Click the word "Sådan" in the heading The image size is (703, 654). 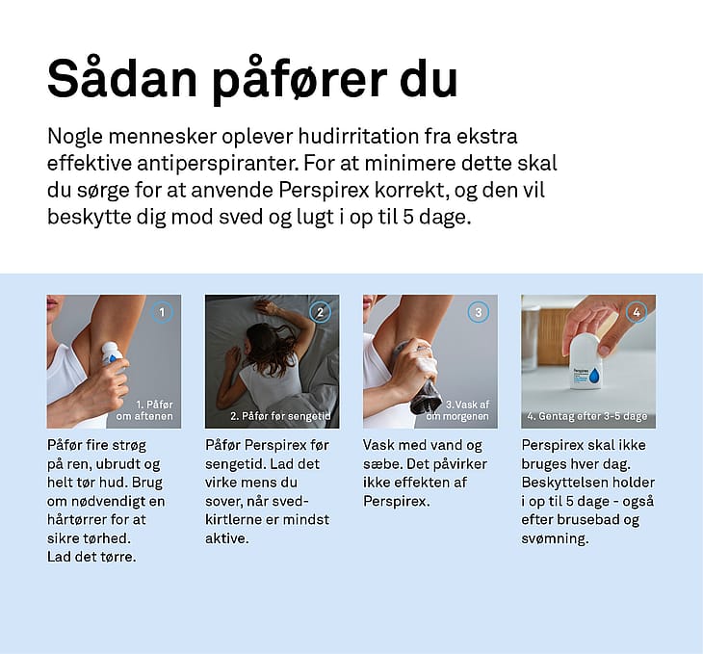[x=122, y=78]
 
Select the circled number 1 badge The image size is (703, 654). [x=162, y=312]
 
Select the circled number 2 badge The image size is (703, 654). [x=320, y=312]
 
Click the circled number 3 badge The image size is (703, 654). [x=478, y=312]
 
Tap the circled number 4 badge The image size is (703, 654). [x=637, y=312]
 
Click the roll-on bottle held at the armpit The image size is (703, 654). [x=111, y=354]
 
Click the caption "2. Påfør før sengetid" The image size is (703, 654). [x=280, y=416]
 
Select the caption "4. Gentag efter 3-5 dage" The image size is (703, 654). [x=587, y=416]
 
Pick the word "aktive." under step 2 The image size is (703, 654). [x=227, y=538]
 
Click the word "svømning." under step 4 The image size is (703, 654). [x=555, y=538]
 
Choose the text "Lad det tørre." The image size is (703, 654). [x=91, y=557]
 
